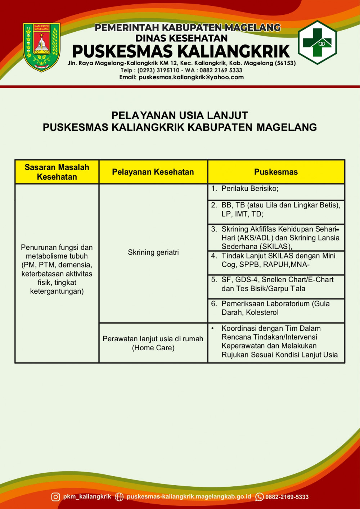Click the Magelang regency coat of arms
pyautogui.click(x=41, y=47)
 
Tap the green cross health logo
pyautogui.click(x=317, y=42)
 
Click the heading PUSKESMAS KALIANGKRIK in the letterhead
pyautogui.click(x=181, y=51)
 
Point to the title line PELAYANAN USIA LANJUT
pyautogui.click(x=180, y=115)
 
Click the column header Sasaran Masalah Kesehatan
pyautogui.click(x=57, y=172)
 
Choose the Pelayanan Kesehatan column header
pyautogui.click(x=153, y=172)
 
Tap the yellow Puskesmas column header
pyautogui.click(x=276, y=172)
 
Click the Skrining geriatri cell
pyautogui.click(x=153, y=252)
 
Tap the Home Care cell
pyautogui.click(x=153, y=343)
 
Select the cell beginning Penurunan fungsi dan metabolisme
pyautogui.click(x=57, y=269)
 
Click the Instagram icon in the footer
pyautogui.click(x=55, y=497)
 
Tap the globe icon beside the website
pyautogui.click(x=119, y=497)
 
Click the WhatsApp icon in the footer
pyautogui.click(x=259, y=497)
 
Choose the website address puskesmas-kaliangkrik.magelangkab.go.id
pyautogui.click(x=189, y=496)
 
